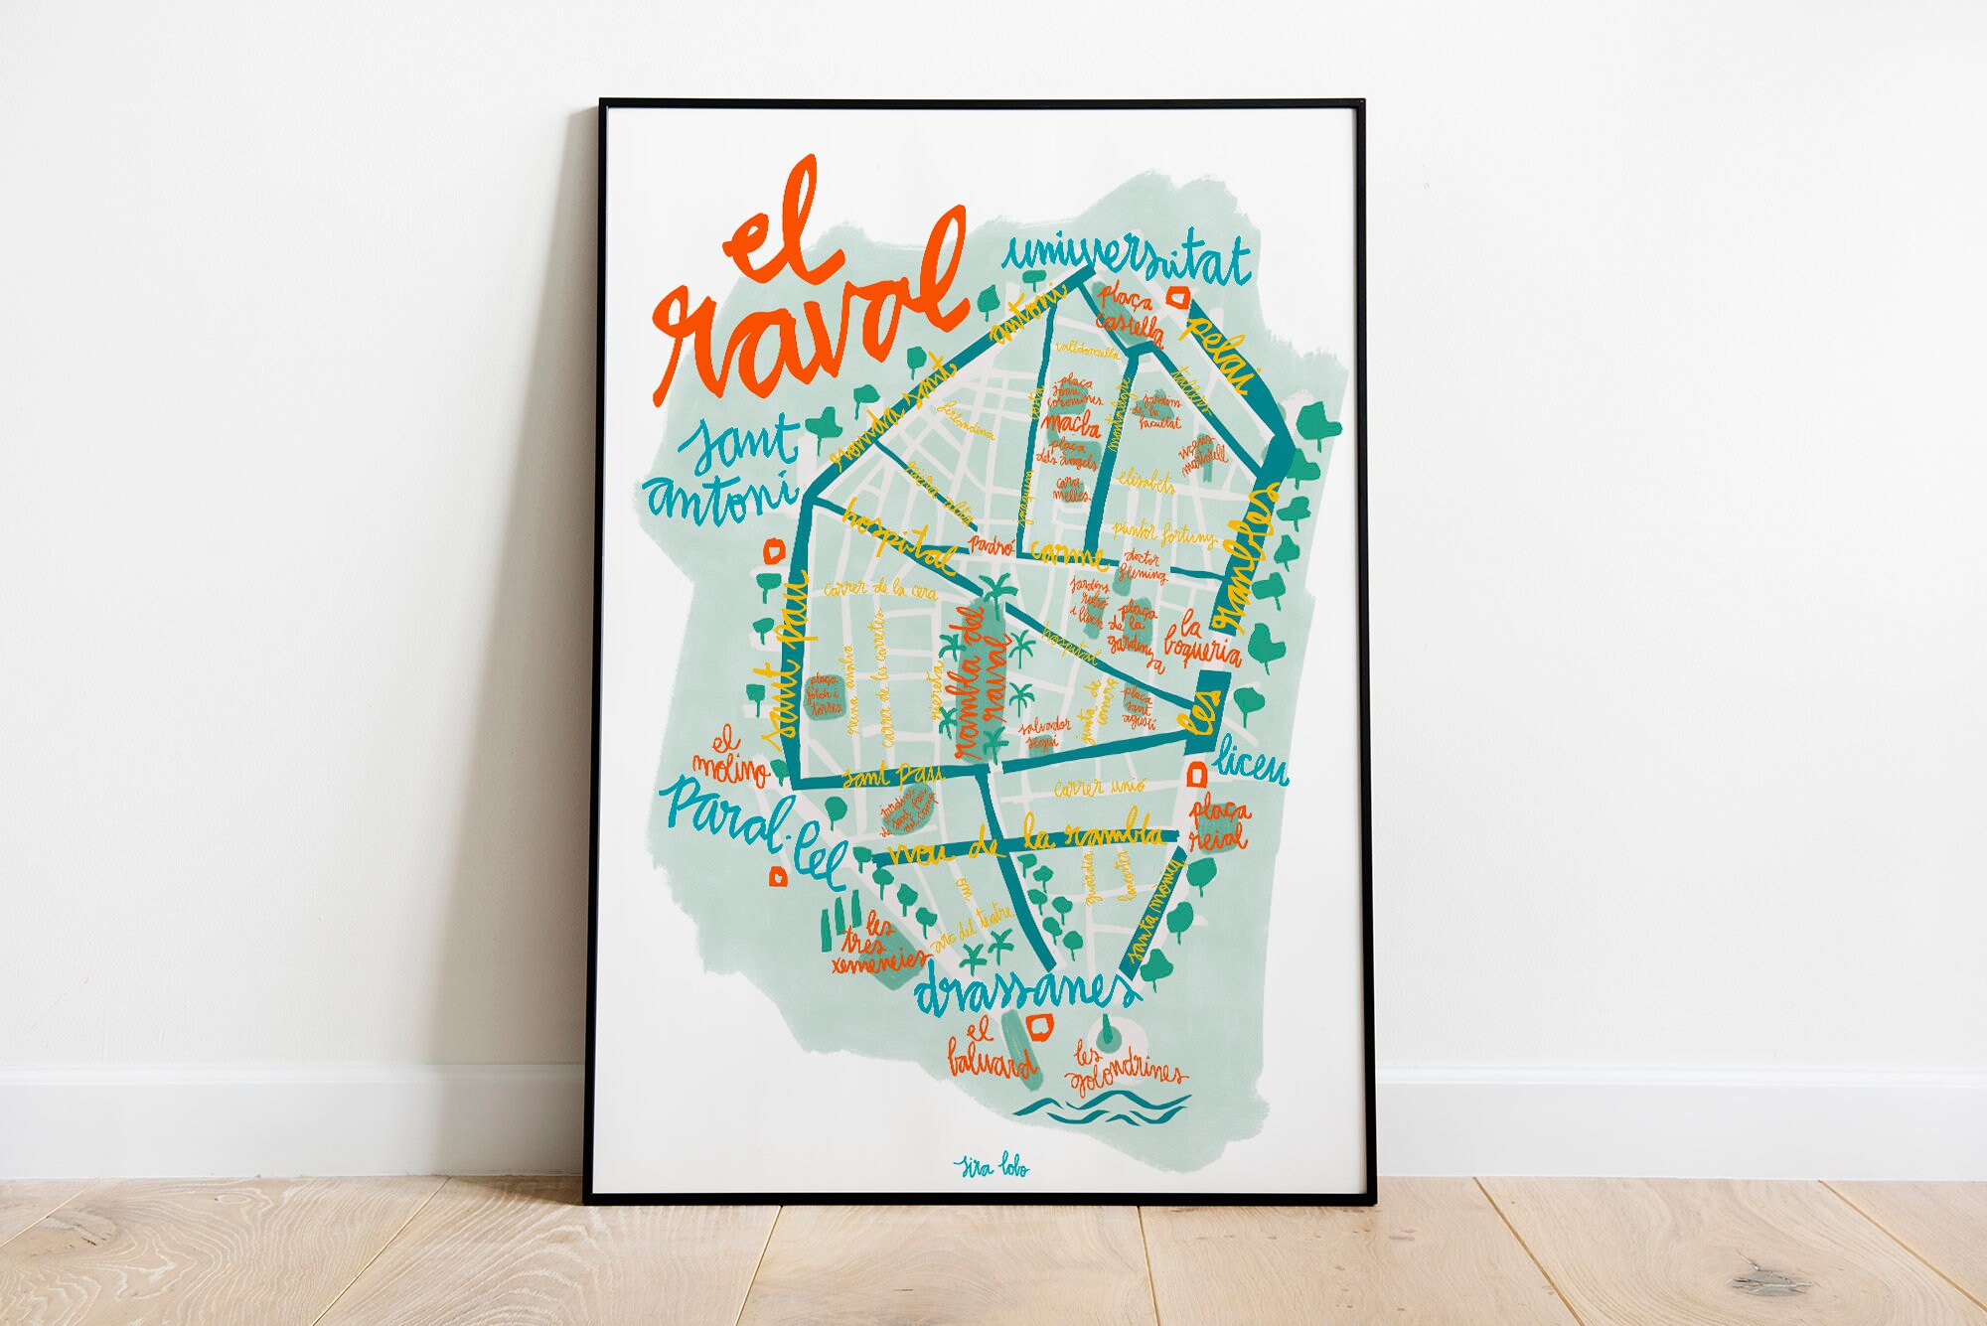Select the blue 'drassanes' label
1023,989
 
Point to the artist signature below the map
991,1166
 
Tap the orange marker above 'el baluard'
1040,1027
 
